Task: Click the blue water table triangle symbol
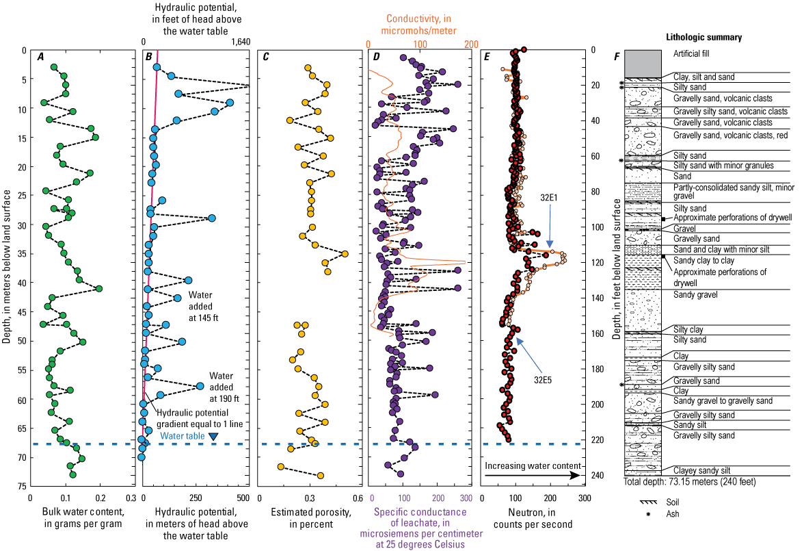[x=213, y=437]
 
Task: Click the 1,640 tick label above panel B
[x=241, y=42]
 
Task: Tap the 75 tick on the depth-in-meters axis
[x=22, y=486]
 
